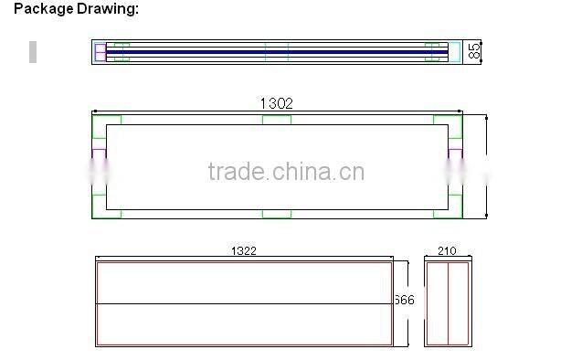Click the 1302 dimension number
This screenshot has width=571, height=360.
click(277, 103)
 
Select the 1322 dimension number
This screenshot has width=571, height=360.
click(243, 249)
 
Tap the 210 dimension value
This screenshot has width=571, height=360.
click(447, 249)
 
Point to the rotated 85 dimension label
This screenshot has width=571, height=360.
click(473, 50)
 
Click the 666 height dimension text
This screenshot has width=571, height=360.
click(405, 301)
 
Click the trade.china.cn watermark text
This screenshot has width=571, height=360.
click(286, 172)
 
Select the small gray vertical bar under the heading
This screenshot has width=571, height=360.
click(33, 51)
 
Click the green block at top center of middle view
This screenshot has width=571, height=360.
click(277, 119)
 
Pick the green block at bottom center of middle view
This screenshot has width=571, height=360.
click(277, 214)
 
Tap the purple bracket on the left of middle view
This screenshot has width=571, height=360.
click(99, 155)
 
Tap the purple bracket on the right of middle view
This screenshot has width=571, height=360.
click(454, 155)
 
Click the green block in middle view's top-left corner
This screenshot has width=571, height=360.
click(107, 119)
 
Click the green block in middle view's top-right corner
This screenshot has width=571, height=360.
click(448, 119)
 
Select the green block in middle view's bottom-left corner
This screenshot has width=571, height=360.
click(107, 212)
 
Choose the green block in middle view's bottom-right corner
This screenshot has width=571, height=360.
click(448, 212)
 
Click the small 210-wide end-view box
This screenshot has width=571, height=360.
click(449, 303)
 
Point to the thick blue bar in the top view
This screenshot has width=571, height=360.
click(274, 52)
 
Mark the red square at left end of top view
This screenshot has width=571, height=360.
click(100, 51)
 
